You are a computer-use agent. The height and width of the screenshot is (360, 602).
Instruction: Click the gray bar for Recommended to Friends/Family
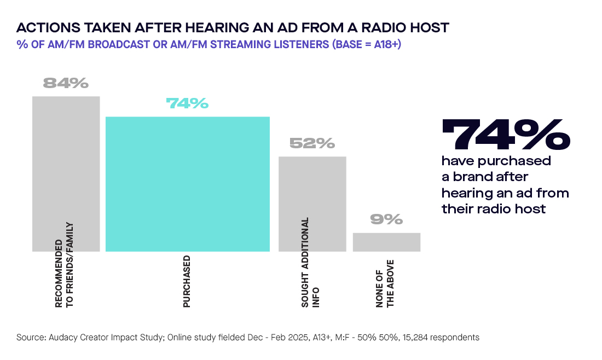[66, 164]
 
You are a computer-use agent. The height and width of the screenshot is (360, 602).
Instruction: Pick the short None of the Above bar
[386, 242]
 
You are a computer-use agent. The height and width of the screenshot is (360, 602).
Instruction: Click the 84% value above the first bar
[66, 83]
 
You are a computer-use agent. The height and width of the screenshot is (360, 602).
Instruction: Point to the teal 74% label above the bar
[187, 103]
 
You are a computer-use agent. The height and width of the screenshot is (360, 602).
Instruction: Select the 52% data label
[312, 143]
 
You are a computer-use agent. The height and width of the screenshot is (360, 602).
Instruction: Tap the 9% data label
[386, 219]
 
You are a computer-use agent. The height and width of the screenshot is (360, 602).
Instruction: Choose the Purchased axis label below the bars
[187, 281]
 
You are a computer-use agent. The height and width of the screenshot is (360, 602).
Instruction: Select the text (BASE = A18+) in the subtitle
[366, 44]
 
